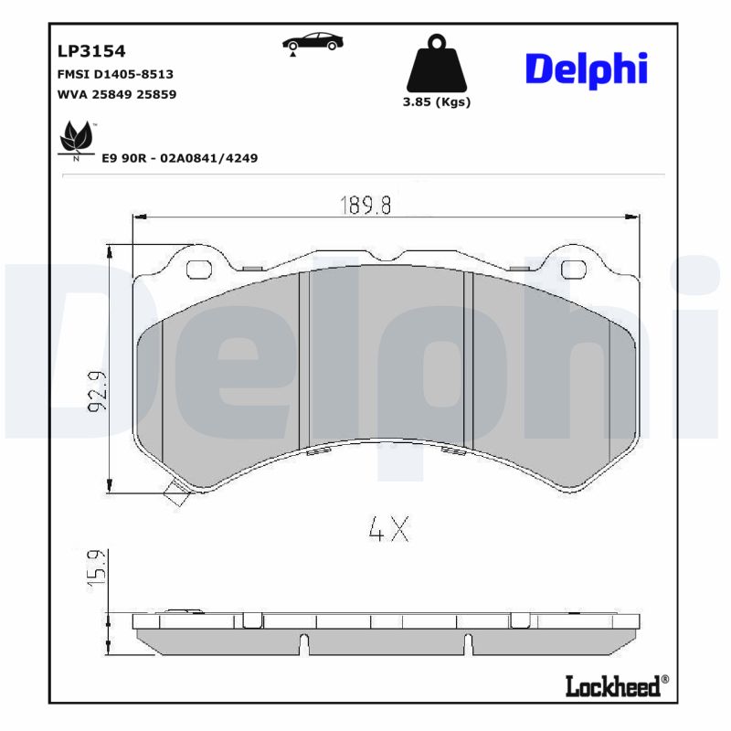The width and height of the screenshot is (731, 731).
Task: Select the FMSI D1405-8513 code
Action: point(115,73)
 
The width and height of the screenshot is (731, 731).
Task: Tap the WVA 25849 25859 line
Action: point(116,94)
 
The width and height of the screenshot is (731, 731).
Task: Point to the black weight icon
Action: point(436,62)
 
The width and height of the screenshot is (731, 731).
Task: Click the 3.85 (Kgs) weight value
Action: point(437,102)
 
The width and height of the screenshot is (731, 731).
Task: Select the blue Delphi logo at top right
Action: point(586,69)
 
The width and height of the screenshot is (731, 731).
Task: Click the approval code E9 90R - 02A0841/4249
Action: point(179,158)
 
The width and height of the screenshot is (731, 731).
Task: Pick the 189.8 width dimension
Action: point(366,206)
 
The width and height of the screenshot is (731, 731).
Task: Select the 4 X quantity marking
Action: point(388,529)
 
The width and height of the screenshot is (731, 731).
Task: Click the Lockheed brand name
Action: point(614,687)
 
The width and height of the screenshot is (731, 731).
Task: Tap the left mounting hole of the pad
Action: point(198,269)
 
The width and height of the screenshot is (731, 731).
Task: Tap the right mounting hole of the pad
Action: point(573,269)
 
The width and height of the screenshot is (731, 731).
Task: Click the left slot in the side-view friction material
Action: point(302,644)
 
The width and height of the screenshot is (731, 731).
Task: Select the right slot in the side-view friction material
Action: point(469,644)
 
